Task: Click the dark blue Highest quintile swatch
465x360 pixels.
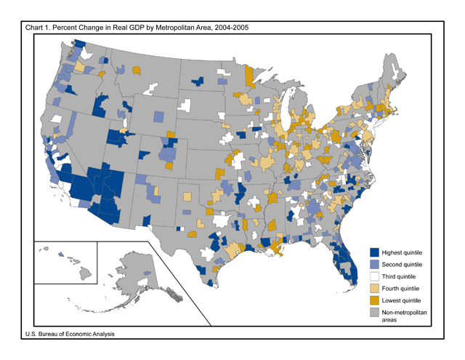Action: tap(375, 251)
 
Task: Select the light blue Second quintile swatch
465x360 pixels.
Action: tap(375, 263)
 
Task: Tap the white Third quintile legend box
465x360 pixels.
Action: tap(375, 276)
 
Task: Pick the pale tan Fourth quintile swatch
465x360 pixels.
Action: tap(375, 288)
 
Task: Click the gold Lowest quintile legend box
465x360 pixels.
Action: tap(375, 300)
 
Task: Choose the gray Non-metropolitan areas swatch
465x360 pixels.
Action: tap(375, 312)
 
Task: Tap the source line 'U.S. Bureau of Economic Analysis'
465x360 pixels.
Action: tap(70, 334)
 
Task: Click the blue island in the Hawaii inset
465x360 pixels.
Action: tap(61, 255)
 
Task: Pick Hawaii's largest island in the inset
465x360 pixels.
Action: tap(86, 273)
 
